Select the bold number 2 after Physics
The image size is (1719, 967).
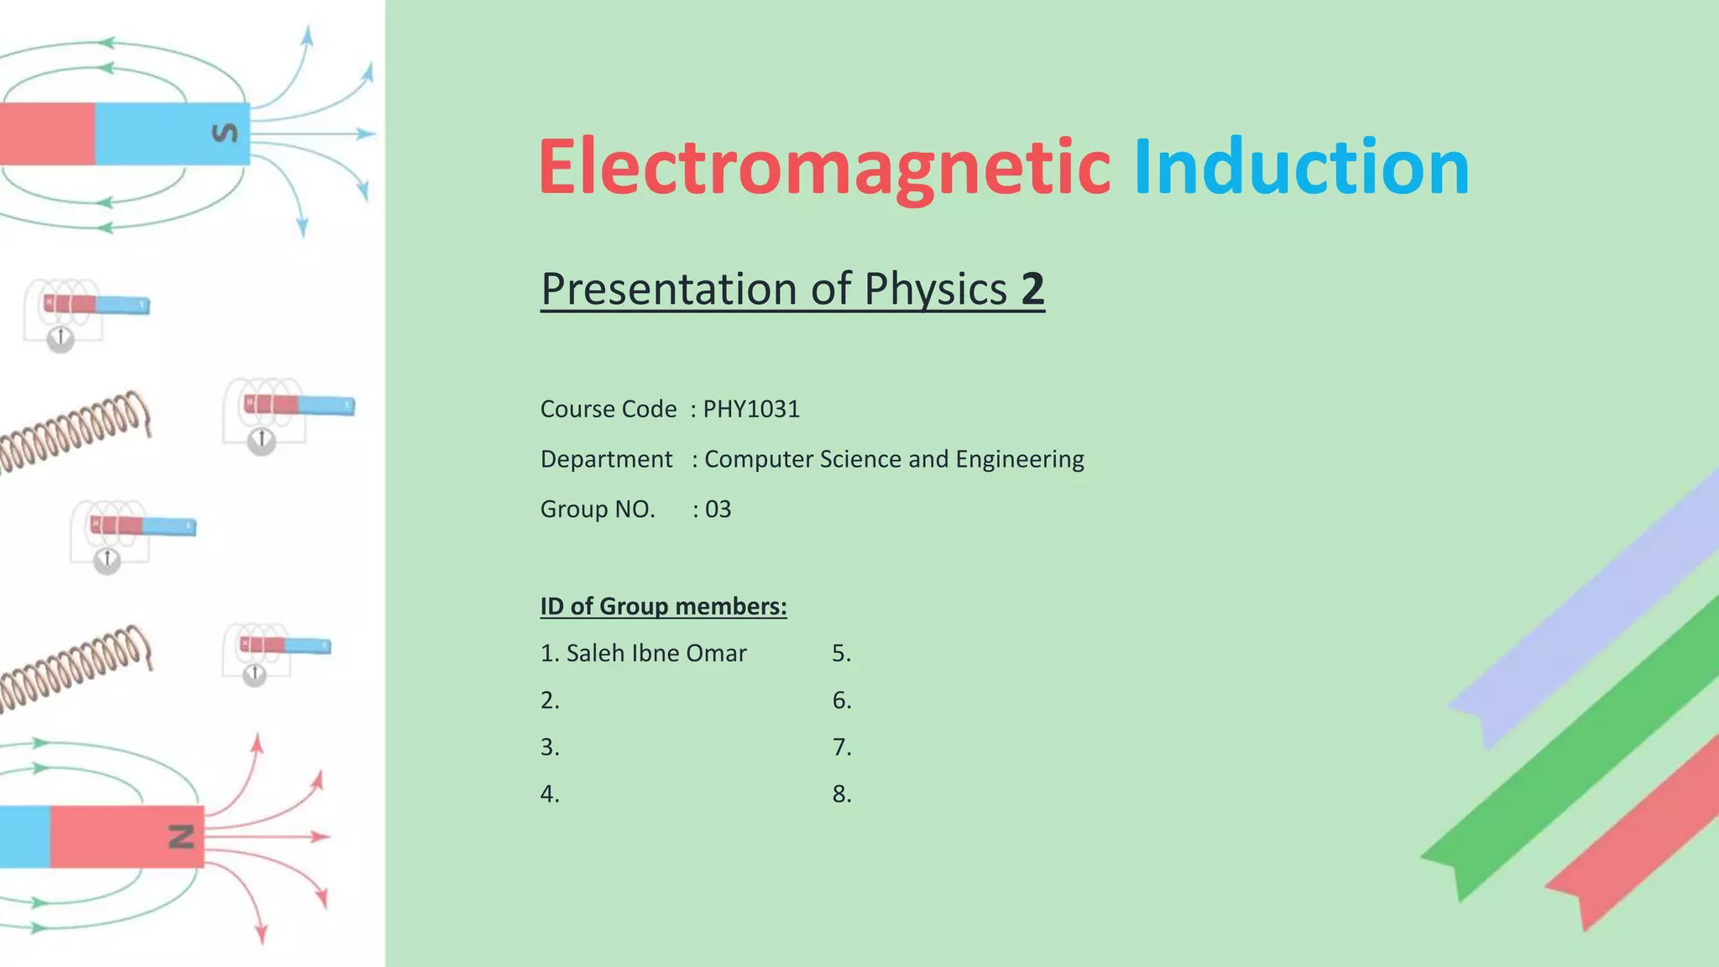pyautogui.click(x=1032, y=290)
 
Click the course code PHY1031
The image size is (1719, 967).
pyautogui.click(x=751, y=410)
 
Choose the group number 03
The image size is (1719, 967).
pyautogui.click(x=718, y=510)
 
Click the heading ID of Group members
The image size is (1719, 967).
pyautogui.click(x=663, y=606)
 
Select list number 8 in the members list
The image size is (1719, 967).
pyautogui.click(x=841, y=794)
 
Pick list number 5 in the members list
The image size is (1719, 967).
pyautogui.click(x=841, y=653)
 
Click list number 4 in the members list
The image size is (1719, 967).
pyautogui.click(x=549, y=794)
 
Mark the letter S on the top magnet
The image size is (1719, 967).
pyautogui.click(x=224, y=133)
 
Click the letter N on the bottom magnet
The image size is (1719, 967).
pyautogui.click(x=181, y=836)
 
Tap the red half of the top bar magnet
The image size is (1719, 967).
pyautogui.click(x=46, y=133)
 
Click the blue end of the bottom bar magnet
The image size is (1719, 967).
pyautogui.click(x=24, y=836)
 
